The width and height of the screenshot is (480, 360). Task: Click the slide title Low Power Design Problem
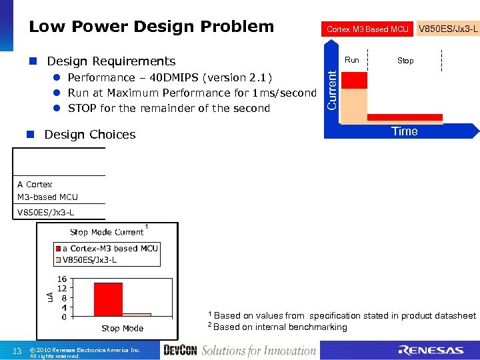click(151, 27)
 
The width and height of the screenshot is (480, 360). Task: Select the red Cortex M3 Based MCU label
click(367, 29)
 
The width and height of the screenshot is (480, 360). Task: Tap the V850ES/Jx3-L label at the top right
click(447, 29)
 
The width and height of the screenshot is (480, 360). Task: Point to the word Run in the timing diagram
click(352, 60)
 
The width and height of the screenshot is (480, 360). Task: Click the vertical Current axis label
click(331, 91)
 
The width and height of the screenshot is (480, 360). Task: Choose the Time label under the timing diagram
click(405, 131)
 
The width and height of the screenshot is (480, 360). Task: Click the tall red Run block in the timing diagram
click(353, 80)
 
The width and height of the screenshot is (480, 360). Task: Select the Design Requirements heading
click(111, 61)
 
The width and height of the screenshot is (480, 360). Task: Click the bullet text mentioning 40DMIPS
click(170, 77)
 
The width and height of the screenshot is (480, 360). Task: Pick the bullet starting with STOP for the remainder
click(169, 108)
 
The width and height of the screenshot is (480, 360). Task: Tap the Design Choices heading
click(89, 135)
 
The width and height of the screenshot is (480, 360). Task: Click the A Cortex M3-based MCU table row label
click(47, 190)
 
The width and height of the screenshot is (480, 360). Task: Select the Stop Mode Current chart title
click(107, 232)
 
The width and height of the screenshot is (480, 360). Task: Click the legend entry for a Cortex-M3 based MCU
click(110, 248)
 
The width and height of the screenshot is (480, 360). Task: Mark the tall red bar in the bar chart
click(108, 299)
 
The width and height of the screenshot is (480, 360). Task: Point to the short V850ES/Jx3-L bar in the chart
click(137, 314)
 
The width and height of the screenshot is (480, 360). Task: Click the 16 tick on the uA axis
click(61, 279)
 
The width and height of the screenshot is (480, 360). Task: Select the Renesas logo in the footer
click(431, 350)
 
